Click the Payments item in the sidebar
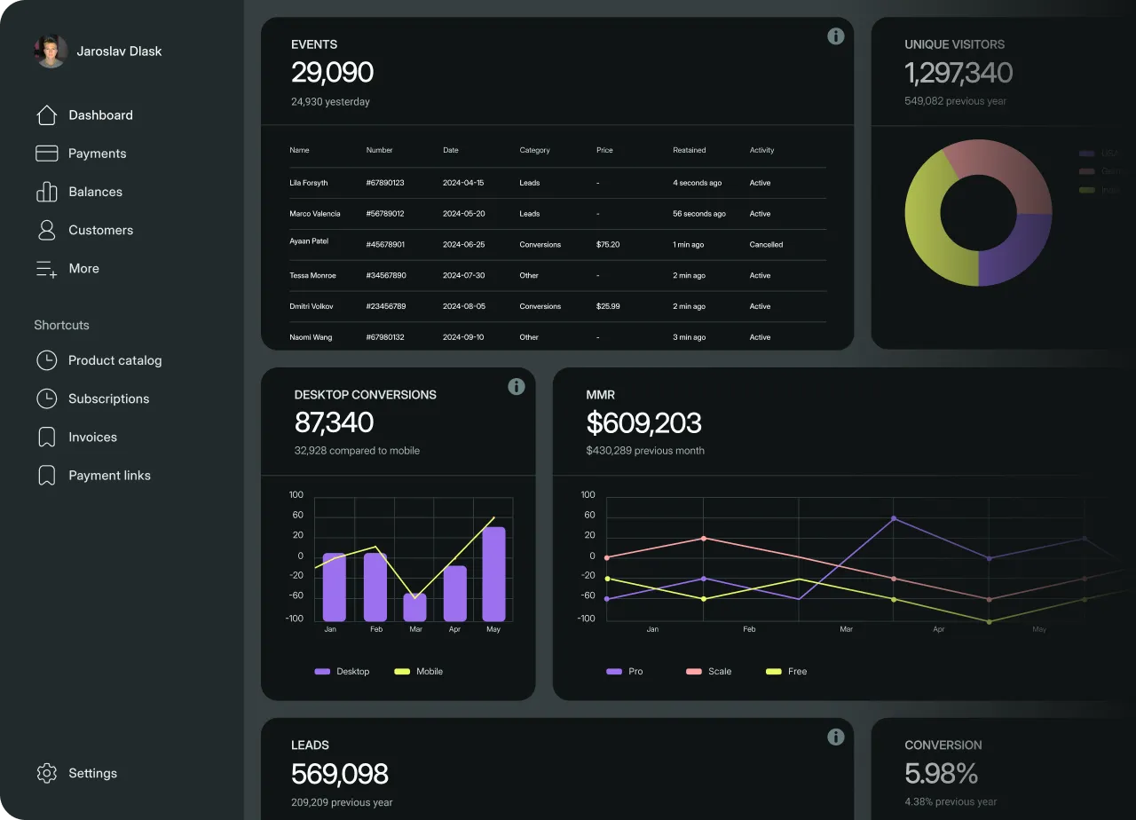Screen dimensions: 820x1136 (96, 154)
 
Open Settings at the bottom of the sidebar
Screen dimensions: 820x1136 (91, 773)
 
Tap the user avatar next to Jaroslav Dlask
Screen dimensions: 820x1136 (51, 51)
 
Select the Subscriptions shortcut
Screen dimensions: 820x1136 (107, 398)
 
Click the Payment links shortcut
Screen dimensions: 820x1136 (108, 476)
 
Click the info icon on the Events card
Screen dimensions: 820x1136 (835, 36)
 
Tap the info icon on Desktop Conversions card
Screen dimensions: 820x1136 (516, 387)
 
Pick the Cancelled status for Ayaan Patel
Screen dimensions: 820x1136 (766, 245)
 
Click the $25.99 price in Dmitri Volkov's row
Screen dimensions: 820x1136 (608, 306)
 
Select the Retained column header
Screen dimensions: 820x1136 (689, 150)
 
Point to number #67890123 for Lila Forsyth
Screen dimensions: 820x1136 (385, 183)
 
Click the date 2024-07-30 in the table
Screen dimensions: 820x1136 (463, 276)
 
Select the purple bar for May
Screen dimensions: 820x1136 (493, 574)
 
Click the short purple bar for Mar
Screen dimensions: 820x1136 (414, 607)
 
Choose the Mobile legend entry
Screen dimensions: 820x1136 (429, 672)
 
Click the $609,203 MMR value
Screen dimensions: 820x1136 (643, 423)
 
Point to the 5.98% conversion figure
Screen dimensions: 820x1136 (941, 774)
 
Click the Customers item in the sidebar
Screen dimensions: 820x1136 (100, 230)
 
